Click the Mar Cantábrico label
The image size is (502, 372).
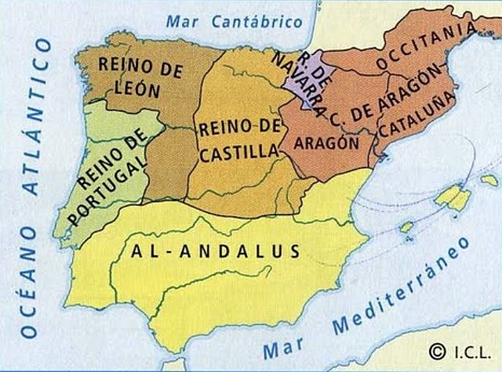240,20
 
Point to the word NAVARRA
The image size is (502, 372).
296,84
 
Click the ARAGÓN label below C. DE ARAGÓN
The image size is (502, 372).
326,143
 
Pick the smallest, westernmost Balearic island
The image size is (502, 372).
406,228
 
